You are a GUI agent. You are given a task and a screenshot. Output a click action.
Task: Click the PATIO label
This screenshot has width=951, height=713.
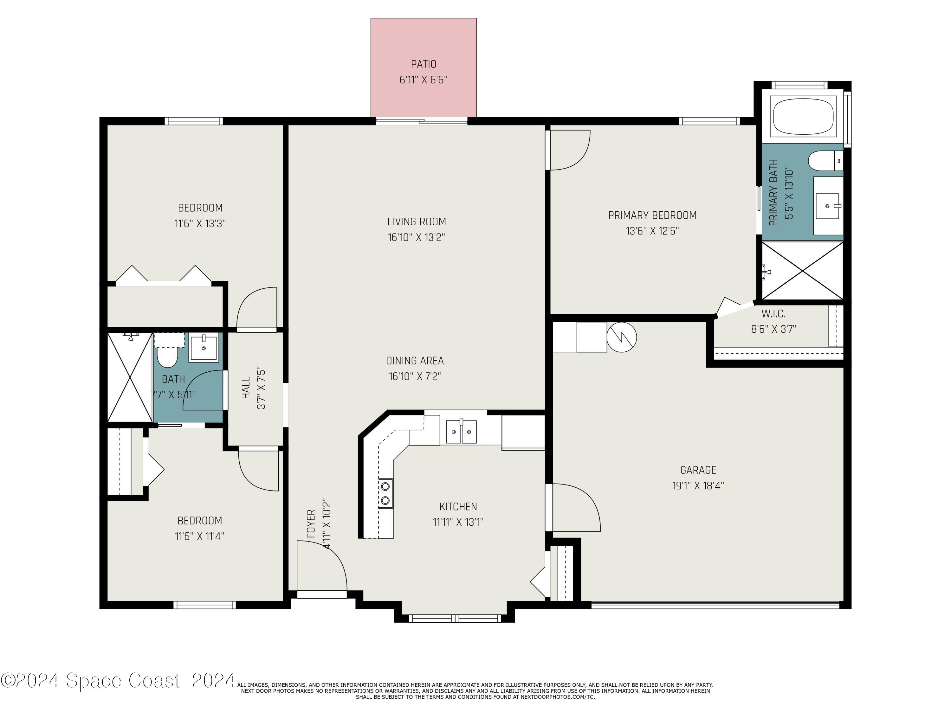[424, 64]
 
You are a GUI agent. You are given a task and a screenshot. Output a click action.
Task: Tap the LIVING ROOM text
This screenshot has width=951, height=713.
[416, 222]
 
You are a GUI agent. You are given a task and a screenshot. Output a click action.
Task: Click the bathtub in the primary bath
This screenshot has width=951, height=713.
[803, 116]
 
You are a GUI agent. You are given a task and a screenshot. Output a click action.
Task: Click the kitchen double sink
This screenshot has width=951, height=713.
[461, 432]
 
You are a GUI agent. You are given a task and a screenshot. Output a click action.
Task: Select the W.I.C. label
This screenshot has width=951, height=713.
[773, 314]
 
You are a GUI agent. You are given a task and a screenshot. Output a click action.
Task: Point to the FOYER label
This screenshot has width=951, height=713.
[311, 524]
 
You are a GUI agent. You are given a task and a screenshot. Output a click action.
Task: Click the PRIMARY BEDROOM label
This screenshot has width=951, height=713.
[652, 215]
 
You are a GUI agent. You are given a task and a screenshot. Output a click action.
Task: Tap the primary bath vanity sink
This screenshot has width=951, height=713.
[828, 206]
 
